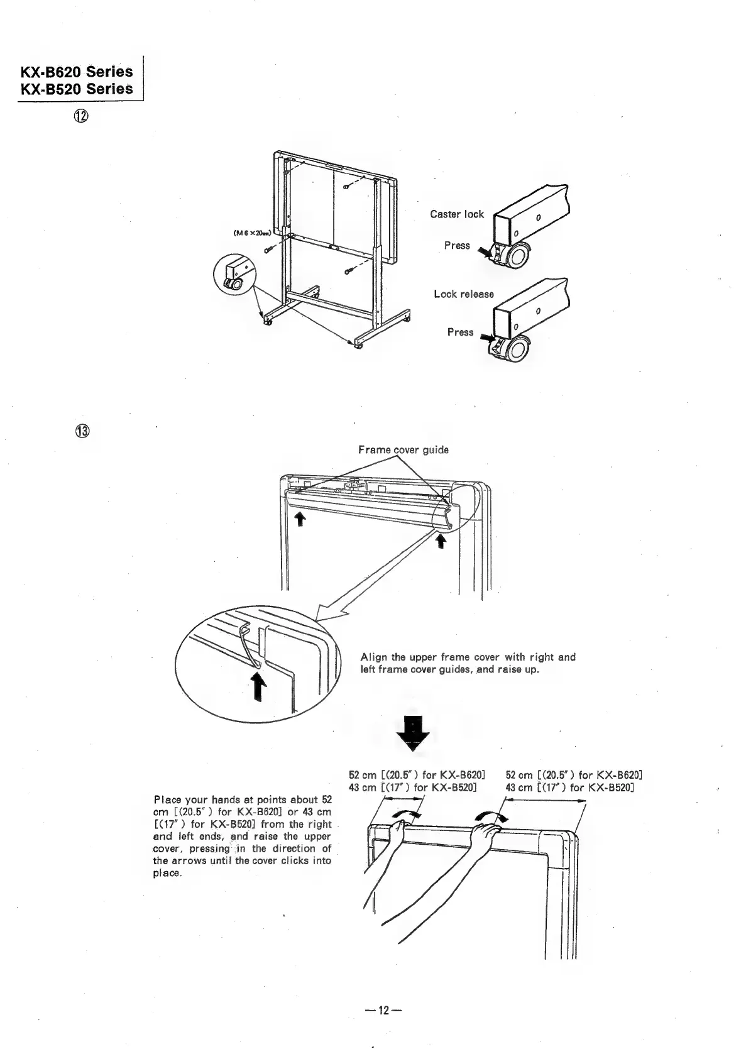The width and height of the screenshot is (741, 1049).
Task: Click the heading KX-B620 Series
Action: point(77,71)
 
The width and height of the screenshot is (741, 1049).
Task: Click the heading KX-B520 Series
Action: point(77,89)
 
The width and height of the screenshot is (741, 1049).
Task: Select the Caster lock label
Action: point(456,214)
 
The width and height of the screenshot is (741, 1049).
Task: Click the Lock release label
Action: point(463,294)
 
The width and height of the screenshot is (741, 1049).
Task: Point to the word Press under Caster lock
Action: point(456,246)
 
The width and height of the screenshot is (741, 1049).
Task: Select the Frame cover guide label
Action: point(403,450)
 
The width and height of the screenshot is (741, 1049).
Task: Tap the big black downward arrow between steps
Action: point(412,734)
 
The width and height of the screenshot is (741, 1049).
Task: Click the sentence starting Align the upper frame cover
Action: point(468,663)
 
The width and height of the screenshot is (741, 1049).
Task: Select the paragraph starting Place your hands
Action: point(242,836)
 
